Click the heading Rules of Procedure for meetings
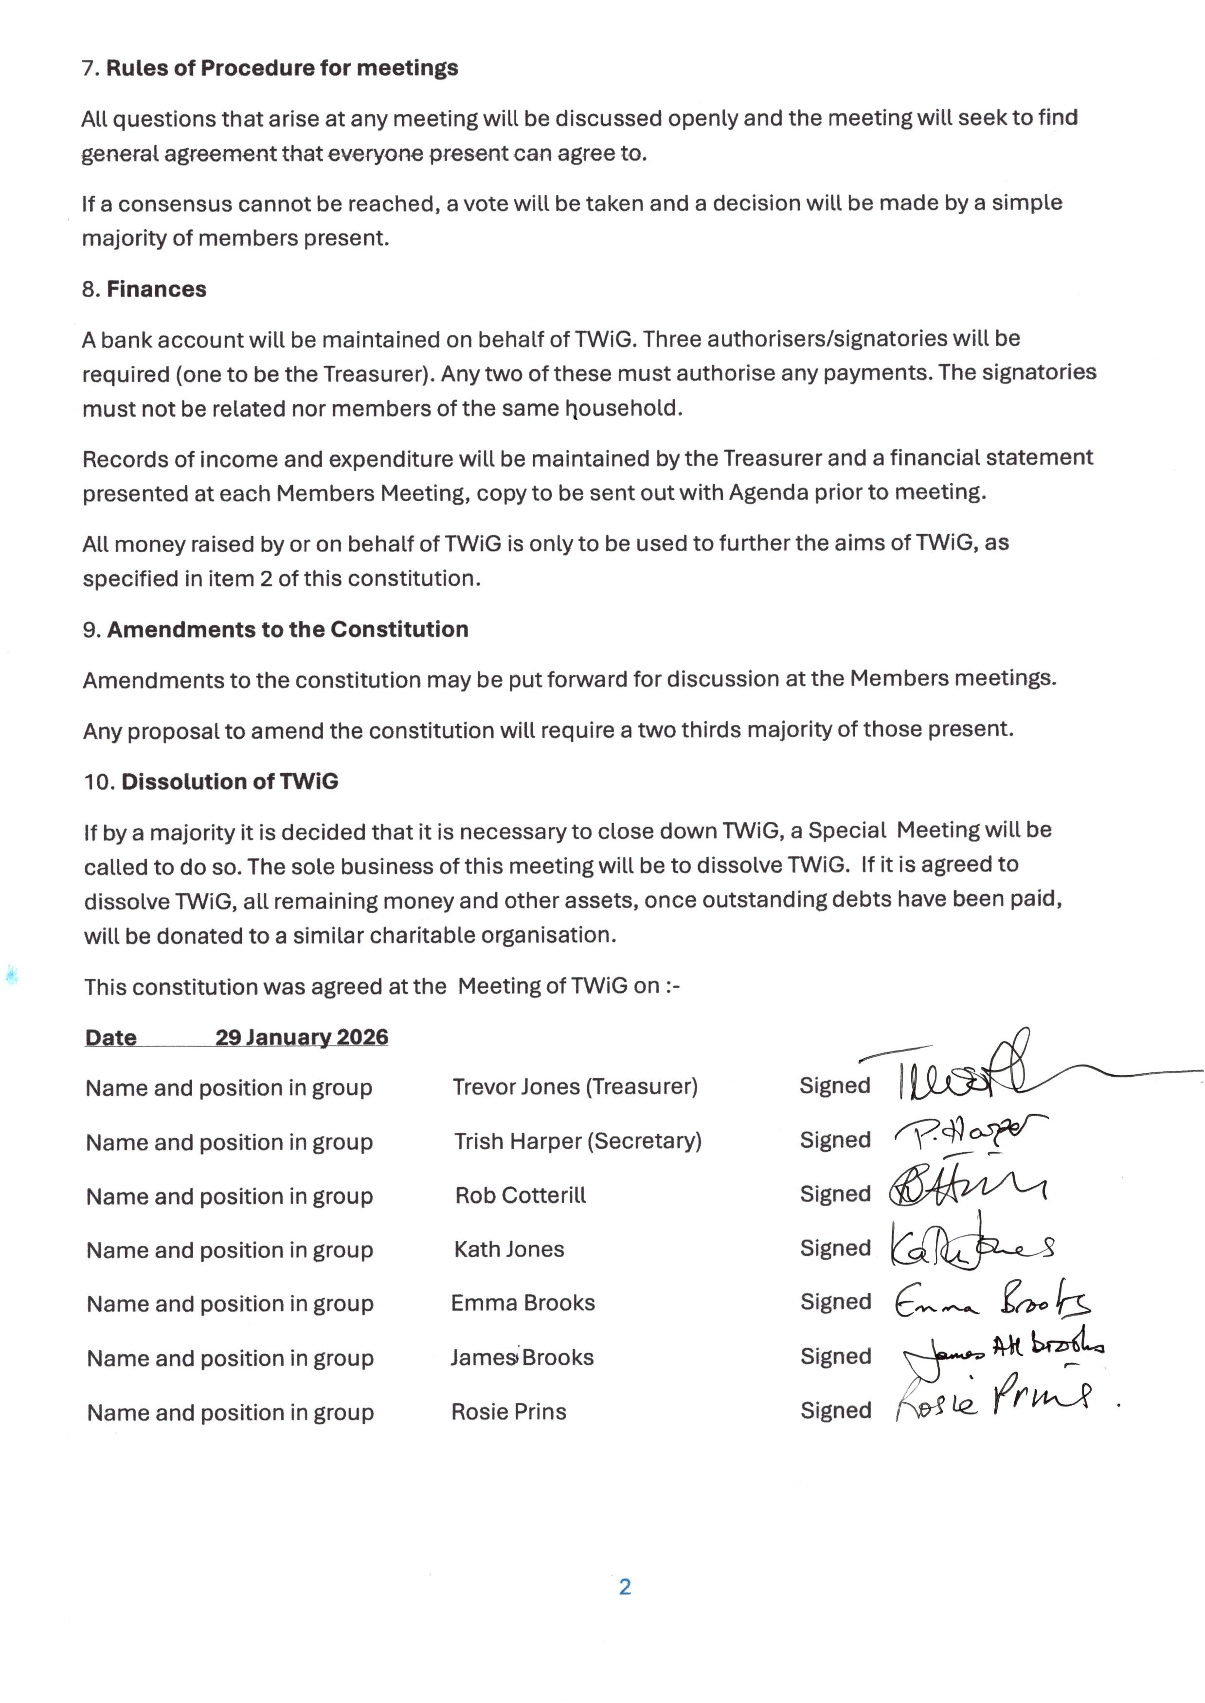coord(282,68)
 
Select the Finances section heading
coord(157,290)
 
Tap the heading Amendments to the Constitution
coord(288,630)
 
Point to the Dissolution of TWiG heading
coord(230,782)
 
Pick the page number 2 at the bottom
coord(625,1587)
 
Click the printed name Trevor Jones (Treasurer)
coord(575,1087)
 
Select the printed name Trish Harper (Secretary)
coord(578,1141)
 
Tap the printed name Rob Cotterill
coord(520,1196)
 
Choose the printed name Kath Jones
coord(509,1250)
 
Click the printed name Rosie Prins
coord(508,1412)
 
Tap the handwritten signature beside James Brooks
coord(1002,1353)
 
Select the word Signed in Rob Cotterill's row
coord(835,1194)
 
